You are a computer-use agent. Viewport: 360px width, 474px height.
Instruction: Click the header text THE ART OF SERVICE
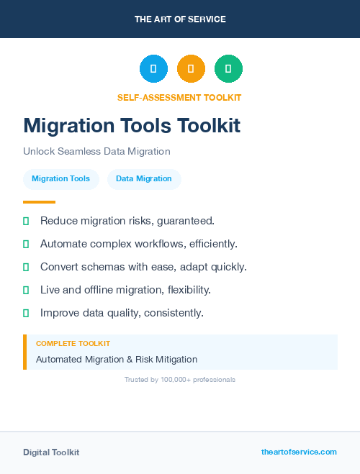click(180, 19)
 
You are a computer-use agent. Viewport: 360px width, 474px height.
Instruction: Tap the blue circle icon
click(153, 69)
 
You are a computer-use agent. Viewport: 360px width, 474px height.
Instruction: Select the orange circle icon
click(191, 69)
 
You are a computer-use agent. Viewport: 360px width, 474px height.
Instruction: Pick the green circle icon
click(229, 69)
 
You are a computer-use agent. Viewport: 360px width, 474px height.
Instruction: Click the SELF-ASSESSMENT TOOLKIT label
click(179, 97)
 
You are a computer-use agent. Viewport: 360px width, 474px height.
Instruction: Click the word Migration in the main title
click(69, 126)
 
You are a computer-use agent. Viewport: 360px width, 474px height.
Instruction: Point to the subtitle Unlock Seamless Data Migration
click(96, 152)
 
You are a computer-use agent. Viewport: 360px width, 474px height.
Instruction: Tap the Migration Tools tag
click(61, 178)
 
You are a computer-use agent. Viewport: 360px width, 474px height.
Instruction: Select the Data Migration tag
click(144, 178)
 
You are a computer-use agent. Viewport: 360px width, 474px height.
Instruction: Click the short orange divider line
click(39, 202)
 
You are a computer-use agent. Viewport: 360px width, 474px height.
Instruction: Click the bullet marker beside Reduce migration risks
click(26, 221)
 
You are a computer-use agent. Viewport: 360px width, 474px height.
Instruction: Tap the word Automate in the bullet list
click(63, 244)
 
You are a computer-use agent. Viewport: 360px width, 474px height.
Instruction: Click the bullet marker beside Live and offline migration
click(26, 290)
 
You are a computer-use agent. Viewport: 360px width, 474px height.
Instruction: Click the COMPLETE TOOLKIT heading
click(73, 344)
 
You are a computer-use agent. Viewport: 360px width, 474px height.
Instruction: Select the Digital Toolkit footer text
click(51, 452)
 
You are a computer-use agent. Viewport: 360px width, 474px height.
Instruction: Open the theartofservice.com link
click(299, 452)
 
